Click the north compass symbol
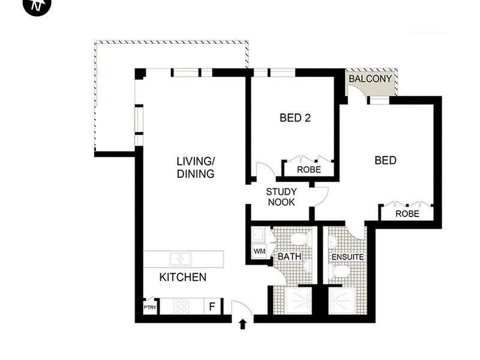pyautogui.click(x=37, y=5)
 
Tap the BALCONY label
pyautogui.click(x=370, y=79)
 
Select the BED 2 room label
pyautogui.click(x=295, y=118)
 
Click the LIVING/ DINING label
pyautogui.click(x=196, y=167)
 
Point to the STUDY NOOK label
pyautogui.click(x=281, y=197)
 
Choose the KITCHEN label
pyautogui.click(x=183, y=277)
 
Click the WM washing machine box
pyautogui.click(x=260, y=251)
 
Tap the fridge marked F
pyautogui.click(x=212, y=306)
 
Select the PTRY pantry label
pyautogui.click(x=150, y=307)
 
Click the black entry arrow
pyautogui.click(x=243, y=324)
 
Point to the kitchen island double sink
pyautogui.click(x=181, y=260)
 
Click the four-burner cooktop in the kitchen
pyautogui.click(x=181, y=306)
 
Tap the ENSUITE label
pyautogui.click(x=348, y=257)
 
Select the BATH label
pyautogui.click(x=289, y=256)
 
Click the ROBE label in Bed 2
pyautogui.click(x=309, y=170)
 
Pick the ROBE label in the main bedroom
pyautogui.click(x=407, y=214)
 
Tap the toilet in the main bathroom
pyautogui.click(x=301, y=239)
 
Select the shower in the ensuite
pyautogui.click(x=341, y=301)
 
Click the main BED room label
pyautogui.click(x=385, y=160)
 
